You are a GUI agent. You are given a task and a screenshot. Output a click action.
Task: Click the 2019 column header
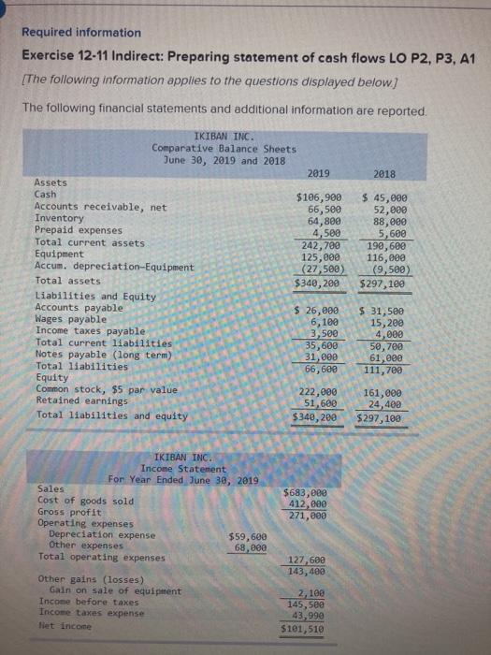[318, 173]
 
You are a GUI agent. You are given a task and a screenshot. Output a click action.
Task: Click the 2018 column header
[383, 173]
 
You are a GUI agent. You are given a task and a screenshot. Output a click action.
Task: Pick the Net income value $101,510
[305, 628]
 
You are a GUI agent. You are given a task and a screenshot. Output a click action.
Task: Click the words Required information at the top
[81, 32]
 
